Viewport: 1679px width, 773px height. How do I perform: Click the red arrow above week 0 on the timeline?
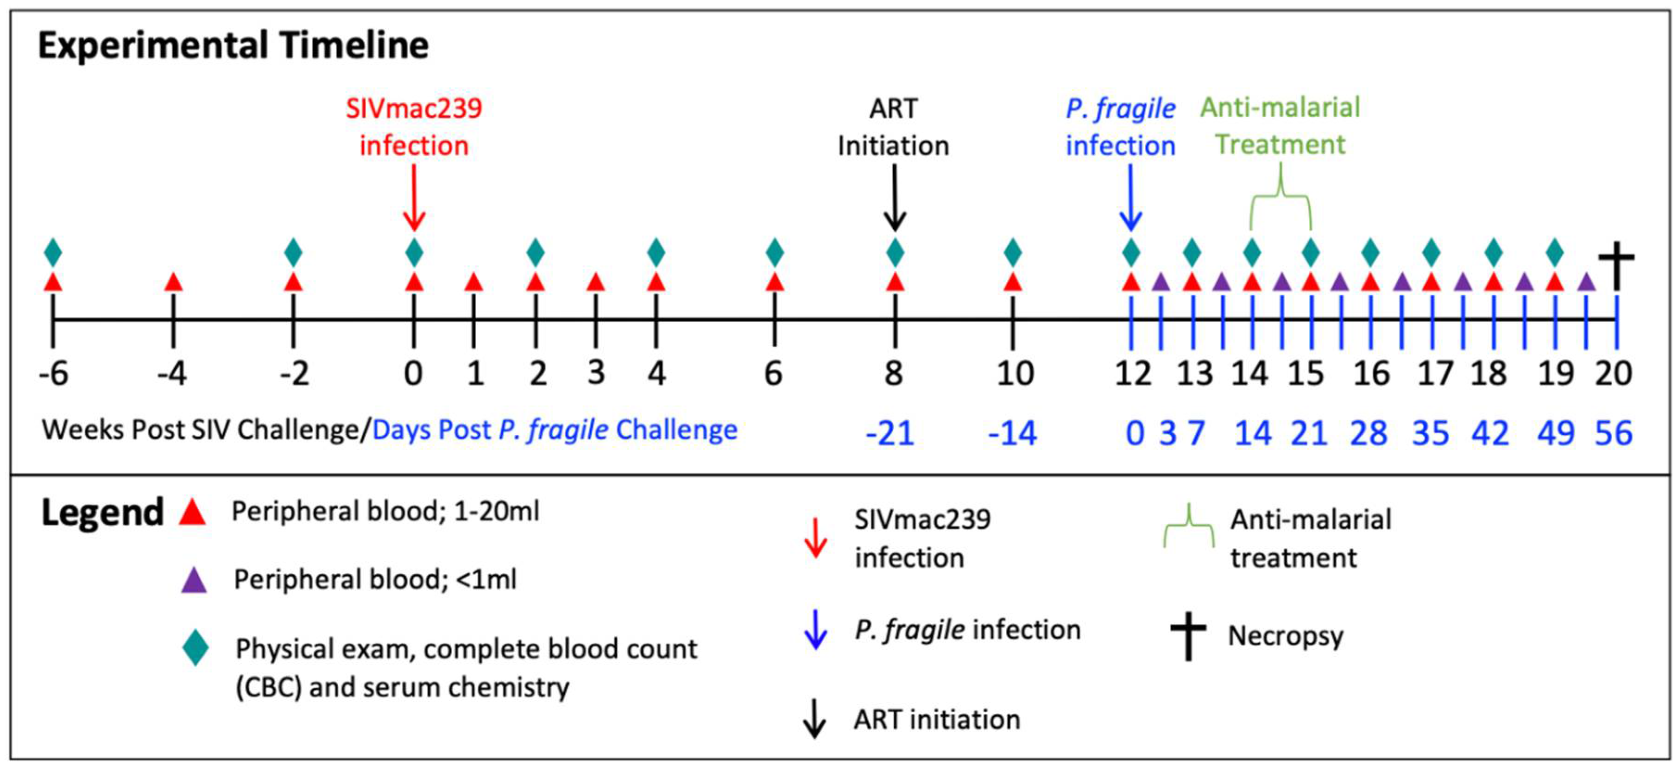(x=414, y=197)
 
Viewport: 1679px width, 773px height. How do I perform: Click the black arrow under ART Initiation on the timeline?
(x=895, y=197)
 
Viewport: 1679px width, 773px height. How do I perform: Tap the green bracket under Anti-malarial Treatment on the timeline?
(x=1281, y=196)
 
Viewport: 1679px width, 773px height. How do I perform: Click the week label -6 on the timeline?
(x=53, y=374)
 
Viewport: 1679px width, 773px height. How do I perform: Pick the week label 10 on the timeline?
(x=1015, y=374)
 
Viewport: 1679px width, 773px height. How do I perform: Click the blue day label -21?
(x=890, y=433)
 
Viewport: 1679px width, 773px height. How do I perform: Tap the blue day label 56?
(x=1613, y=433)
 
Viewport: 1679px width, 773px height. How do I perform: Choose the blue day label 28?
(x=1369, y=433)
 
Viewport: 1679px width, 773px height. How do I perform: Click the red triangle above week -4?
(x=173, y=282)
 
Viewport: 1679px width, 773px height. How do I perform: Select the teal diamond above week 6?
(x=774, y=252)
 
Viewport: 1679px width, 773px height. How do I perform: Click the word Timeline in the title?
(x=354, y=45)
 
